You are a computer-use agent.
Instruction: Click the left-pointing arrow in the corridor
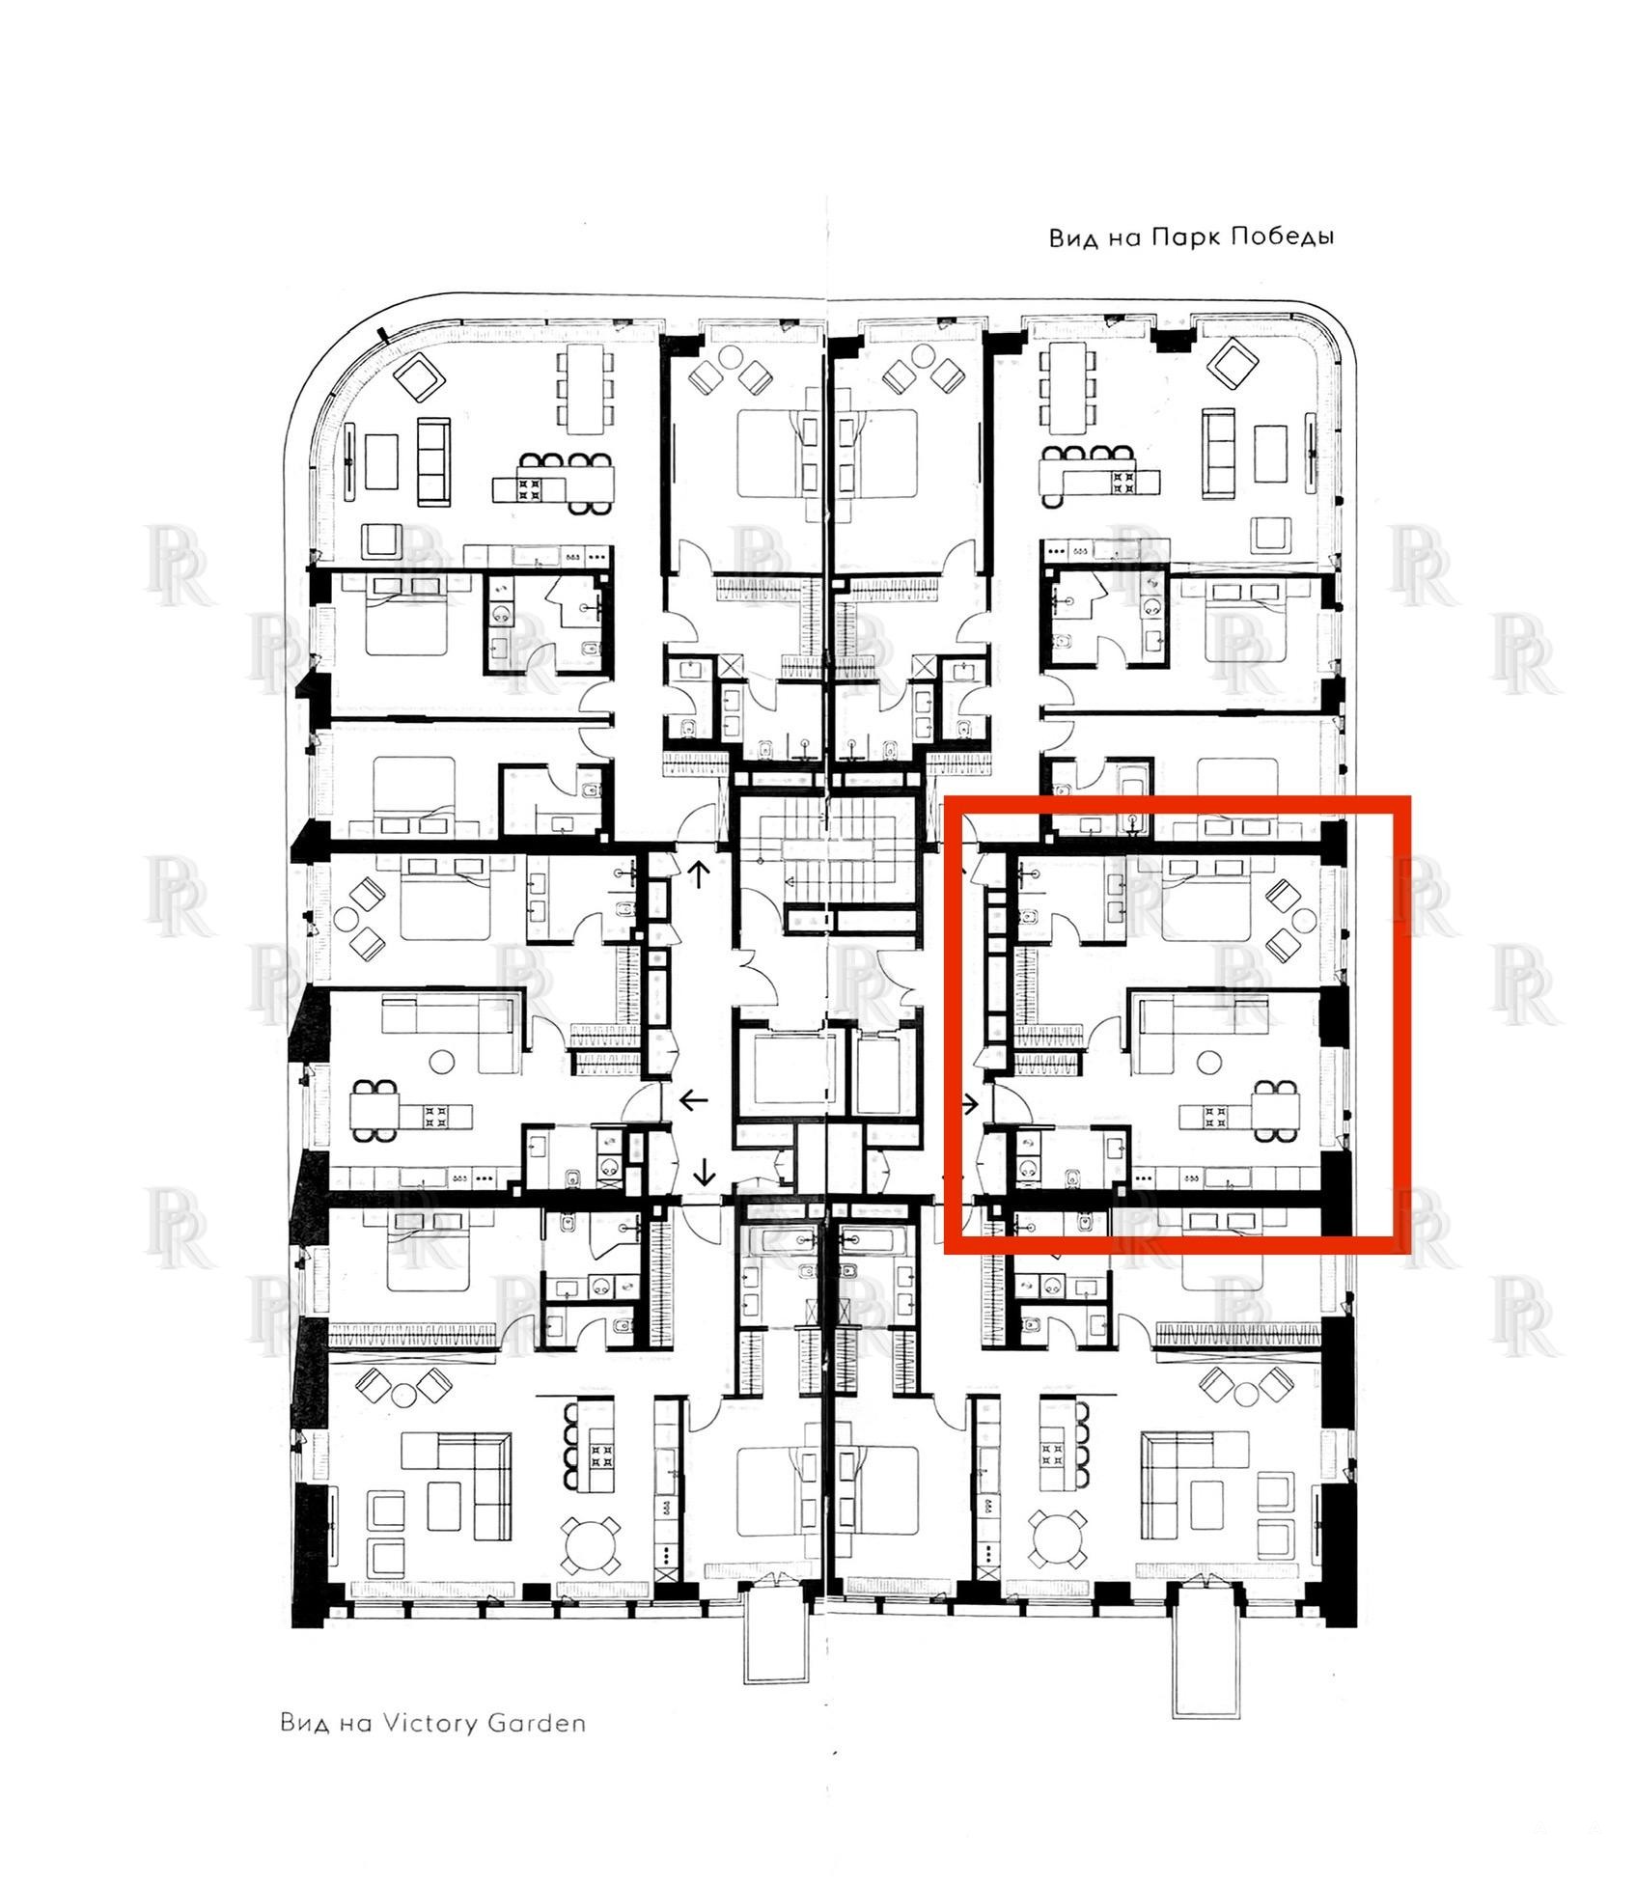coord(694,1099)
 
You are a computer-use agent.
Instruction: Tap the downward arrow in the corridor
coord(705,1172)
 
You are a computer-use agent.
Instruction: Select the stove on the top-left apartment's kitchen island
coord(531,488)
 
